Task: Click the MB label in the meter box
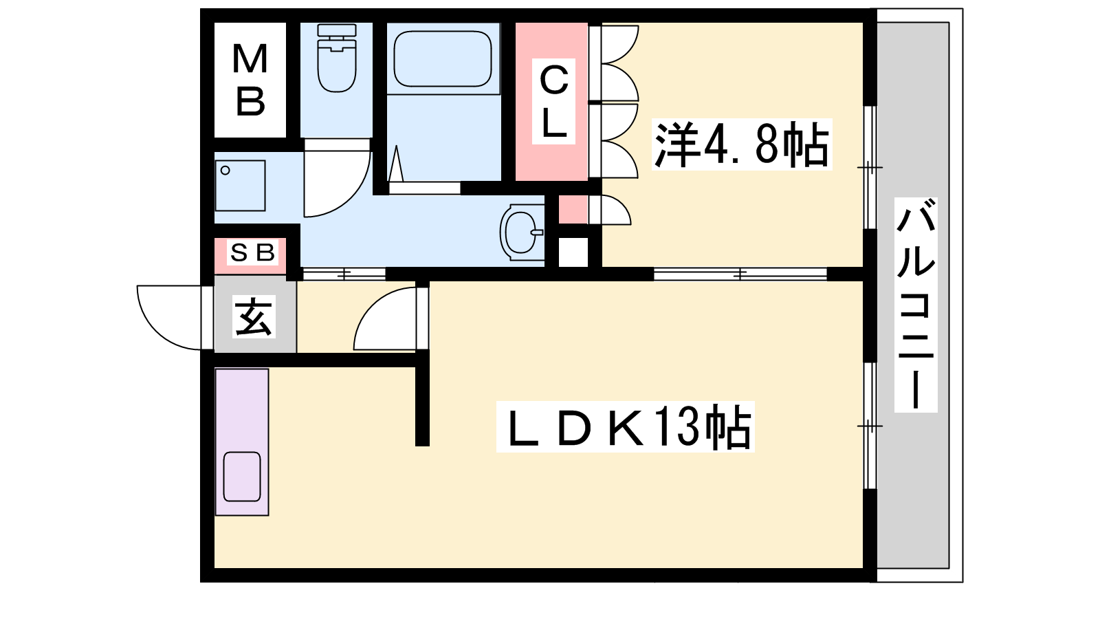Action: pyautogui.click(x=250, y=80)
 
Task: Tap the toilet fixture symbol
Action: pyautogui.click(x=336, y=58)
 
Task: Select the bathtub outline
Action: pyautogui.click(x=443, y=59)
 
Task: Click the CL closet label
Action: pyautogui.click(x=554, y=101)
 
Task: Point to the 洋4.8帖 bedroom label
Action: pyautogui.click(x=742, y=144)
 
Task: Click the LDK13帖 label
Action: pyautogui.click(x=625, y=426)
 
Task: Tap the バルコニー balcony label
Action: pyautogui.click(x=916, y=305)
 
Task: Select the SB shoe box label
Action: pyautogui.click(x=252, y=252)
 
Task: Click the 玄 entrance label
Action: pyautogui.click(x=254, y=317)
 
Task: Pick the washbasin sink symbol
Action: pyautogui.click(x=522, y=232)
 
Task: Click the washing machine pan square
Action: pyautogui.click(x=240, y=186)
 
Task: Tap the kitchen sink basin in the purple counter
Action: pyautogui.click(x=241, y=477)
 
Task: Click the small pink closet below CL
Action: pyautogui.click(x=573, y=210)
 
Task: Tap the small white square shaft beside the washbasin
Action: pyautogui.click(x=573, y=252)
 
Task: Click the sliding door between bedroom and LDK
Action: pyautogui.click(x=740, y=274)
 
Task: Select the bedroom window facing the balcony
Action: pyautogui.click(x=870, y=168)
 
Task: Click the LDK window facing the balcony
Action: pyautogui.click(x=870, y=426)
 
